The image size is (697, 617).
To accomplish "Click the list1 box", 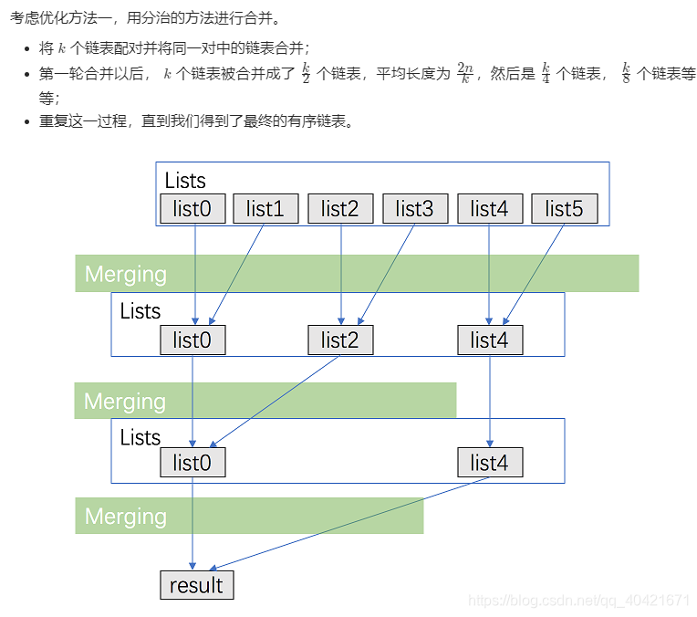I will (265, 209).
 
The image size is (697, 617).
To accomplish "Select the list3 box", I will (415, 209).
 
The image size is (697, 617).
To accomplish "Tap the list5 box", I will (564, 209).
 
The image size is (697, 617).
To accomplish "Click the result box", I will (196, 585).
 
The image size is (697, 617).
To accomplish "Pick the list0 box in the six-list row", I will (192, 209).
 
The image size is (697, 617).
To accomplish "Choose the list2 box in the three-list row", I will (340, 340).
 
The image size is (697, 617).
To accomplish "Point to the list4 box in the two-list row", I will (490, 463).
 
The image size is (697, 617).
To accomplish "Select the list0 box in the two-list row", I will (192, 463).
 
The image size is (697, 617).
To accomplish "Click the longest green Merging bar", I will (357, 274).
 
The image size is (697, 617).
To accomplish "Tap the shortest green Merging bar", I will (249, 516).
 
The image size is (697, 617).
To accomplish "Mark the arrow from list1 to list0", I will (237, 274).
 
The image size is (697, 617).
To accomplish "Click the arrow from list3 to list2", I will (387, 274).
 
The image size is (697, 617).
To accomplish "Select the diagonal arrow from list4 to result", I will (347, 524).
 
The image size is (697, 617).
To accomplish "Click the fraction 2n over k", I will (465, 74).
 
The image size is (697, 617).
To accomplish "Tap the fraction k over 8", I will (627, 74).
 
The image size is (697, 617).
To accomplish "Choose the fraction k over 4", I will (546, 74).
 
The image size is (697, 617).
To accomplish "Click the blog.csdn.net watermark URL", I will (578, 600).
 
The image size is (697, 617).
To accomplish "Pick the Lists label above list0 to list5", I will (185, 180).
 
